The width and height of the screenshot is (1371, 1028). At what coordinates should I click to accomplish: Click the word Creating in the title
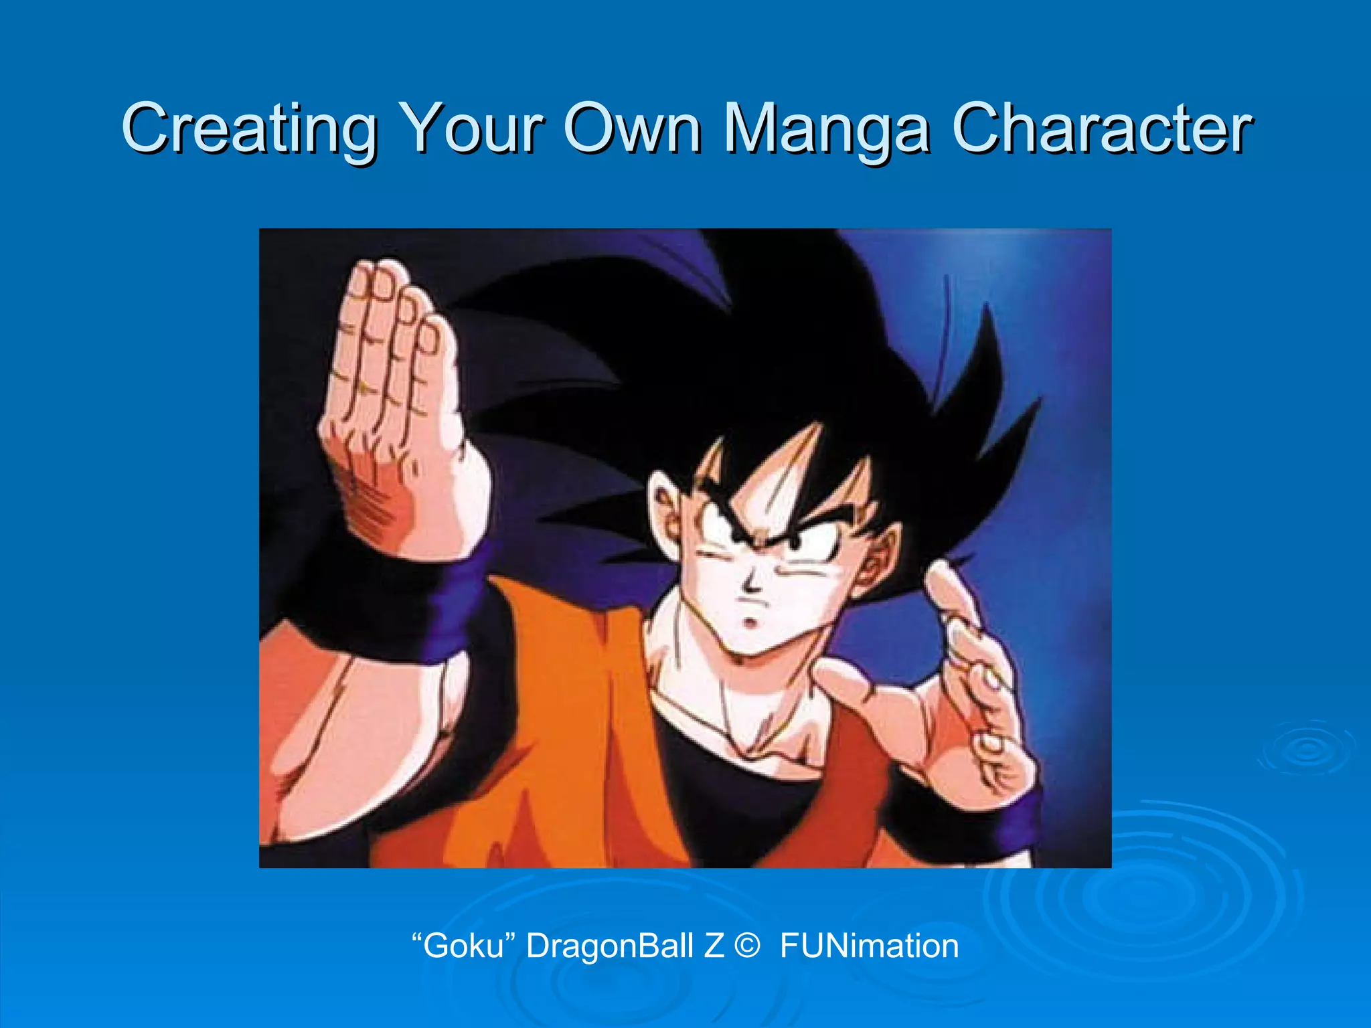[x=248, y=128]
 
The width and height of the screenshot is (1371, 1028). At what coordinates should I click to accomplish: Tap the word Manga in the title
[x=826, y=128]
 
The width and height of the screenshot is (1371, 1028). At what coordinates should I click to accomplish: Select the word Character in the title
[x=1101, y=128]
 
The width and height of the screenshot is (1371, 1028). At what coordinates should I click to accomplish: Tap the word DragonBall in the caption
[x=609, y=946]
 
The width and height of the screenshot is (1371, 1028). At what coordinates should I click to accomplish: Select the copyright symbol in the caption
[x=746, y=946]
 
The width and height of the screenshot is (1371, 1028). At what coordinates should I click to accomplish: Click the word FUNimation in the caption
[x=869, y=946]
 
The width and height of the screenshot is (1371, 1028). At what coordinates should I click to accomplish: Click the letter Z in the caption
[x=714, y=946]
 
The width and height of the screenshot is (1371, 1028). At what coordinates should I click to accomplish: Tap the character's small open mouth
[x=751, y=624]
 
